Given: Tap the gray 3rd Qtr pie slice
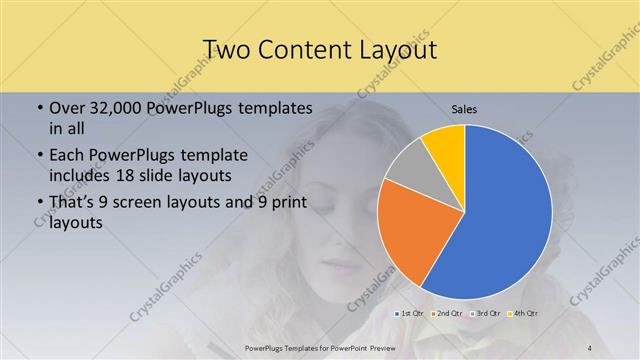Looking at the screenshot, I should pos(408,168).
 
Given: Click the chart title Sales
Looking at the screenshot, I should pos(464,110).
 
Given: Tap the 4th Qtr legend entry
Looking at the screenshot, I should pos(522,315).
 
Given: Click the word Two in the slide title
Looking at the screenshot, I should pos(227,49).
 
